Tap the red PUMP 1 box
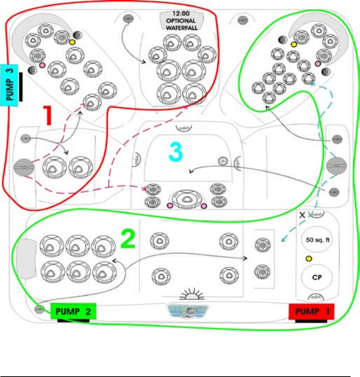[x=311, y=312]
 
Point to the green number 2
[x=127, y=239]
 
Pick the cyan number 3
[x=175, y=152]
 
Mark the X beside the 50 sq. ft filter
[x=302, y=215]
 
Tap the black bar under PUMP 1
[x=311, y=322]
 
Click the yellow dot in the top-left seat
[x=72, y=42]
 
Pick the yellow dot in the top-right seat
[x=293, y=45]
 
